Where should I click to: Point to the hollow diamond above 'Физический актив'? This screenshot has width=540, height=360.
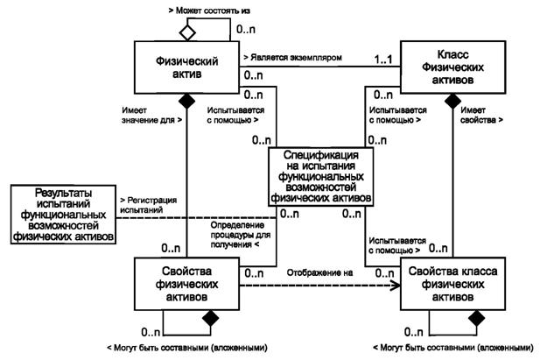185,33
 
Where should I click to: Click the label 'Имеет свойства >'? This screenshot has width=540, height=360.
480,116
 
